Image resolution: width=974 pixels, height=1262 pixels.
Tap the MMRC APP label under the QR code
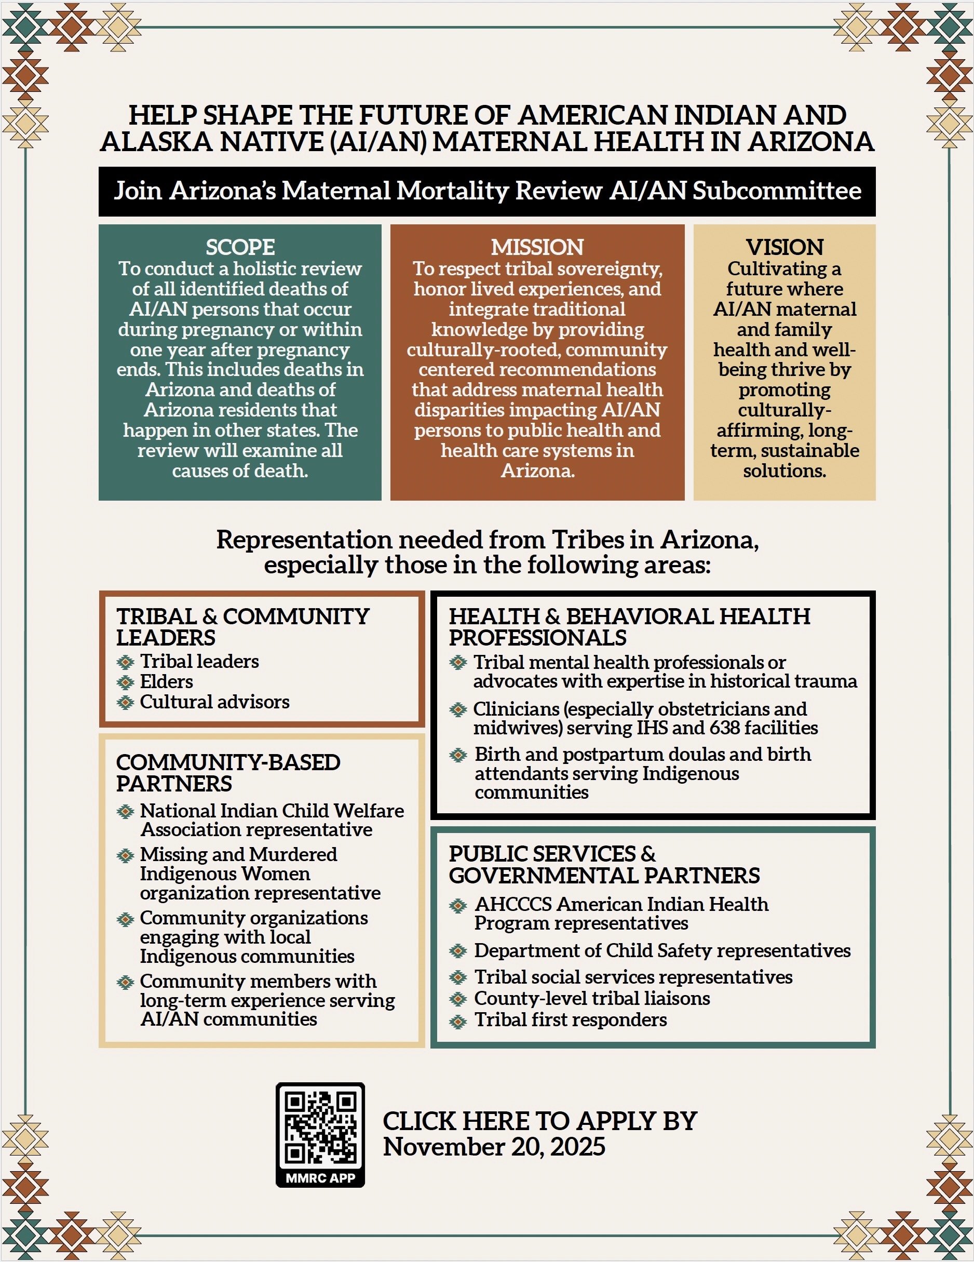coord(320,1178)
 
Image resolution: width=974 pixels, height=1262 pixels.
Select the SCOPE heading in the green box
coord(240,247)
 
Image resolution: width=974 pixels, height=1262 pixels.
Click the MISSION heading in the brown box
coord(537,247)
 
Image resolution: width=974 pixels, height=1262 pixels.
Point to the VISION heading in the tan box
coord(784,247)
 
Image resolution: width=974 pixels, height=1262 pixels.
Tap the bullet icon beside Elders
coord(125,682)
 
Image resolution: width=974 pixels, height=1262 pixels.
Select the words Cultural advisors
coord(214,702)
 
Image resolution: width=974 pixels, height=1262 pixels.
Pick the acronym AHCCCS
coord(513,904)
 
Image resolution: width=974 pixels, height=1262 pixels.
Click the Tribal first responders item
coord(570,1020)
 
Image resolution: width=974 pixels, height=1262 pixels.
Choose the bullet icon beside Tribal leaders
coord(125,662)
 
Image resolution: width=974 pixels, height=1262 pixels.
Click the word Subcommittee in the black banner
coord(776,191)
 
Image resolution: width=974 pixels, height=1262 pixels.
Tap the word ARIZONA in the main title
coord(810,142)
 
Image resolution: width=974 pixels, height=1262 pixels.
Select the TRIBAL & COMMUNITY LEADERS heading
coord(242,627)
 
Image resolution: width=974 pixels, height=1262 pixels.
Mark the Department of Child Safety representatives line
coord(662,951)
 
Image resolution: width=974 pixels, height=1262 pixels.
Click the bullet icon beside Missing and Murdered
coord(125,855)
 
